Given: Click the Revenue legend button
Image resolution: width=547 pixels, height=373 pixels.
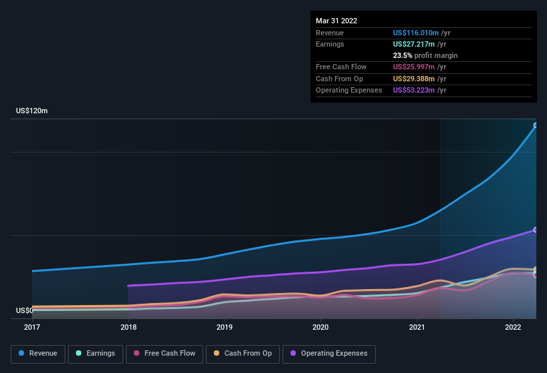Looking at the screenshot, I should tap(38, 354).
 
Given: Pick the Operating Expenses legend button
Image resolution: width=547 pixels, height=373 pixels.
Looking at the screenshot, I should tap(329, 354).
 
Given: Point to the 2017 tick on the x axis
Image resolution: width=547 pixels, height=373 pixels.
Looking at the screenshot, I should tap(32, 327).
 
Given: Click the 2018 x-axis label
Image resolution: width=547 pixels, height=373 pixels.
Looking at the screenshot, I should tap(129, 327).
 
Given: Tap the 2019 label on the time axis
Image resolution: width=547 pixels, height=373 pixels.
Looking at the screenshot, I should tap(225, 327).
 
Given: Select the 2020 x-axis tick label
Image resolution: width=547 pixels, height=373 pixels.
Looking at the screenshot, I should tap(320, 327).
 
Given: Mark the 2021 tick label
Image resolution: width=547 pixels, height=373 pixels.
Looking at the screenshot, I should tap(417, 327).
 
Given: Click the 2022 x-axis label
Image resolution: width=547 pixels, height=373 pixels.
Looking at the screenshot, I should tap(513, 327).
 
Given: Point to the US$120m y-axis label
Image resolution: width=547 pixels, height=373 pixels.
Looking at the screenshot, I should tap(32, 111).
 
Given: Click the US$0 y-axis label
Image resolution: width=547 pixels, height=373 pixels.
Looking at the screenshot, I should tap(25, 310).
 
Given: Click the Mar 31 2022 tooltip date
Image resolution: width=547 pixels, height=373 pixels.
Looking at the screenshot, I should tap(336, 21).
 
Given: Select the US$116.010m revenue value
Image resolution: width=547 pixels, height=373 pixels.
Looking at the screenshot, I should tap(416, 33).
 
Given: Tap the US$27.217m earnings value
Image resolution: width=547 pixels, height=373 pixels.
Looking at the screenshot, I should tap(414, 44).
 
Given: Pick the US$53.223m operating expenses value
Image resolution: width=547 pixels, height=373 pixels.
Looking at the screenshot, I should tap(414, 90).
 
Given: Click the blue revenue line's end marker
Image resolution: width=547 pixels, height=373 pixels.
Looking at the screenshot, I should tap(536, 125).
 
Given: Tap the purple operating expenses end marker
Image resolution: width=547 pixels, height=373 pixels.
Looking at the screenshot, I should tap(536, 230).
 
